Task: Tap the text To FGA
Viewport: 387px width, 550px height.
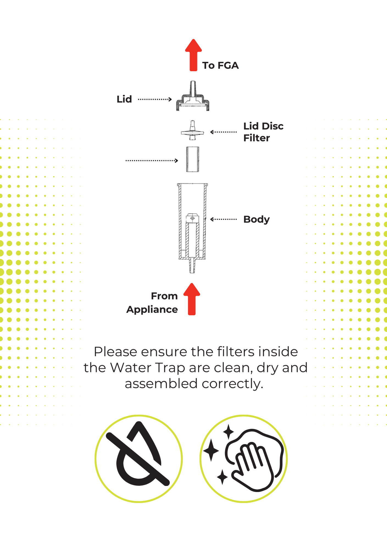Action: [x=220, y=65]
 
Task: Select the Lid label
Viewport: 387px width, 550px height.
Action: [x=124, y=99]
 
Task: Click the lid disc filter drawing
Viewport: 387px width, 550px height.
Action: [x=193, y=132]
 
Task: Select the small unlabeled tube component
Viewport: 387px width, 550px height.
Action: [x=193, y=159]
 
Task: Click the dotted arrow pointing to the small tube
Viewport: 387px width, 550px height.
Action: [x=152, y=161]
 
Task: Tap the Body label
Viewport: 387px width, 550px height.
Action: [x=256, y=219]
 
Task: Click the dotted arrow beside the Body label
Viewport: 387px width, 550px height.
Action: [x=223, y=219]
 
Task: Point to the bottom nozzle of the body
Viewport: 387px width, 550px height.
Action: [x=192, y=266]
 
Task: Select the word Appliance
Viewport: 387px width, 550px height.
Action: [x=152, y=310]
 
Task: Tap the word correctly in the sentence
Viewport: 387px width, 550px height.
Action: [x=232, y=384]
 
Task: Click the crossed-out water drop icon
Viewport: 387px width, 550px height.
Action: [x=139, y=459]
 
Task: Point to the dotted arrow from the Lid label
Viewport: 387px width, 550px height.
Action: [x=155, y=99]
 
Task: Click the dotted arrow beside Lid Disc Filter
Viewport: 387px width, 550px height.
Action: [x=223, y=132]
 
